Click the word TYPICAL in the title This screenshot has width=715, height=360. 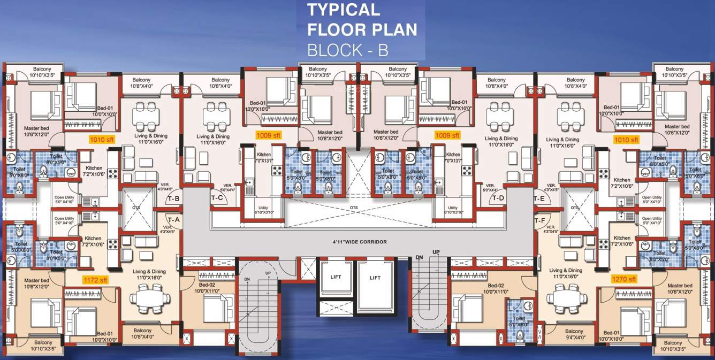pos(343,10)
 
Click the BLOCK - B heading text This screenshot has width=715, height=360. pos(347,50)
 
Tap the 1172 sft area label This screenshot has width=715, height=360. pos(95,279)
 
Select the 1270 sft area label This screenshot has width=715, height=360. pos(624,279)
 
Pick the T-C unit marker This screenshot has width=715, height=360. pos(217,198)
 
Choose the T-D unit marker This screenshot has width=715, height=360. pos(498,198)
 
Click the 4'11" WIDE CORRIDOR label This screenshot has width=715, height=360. pos(359,242)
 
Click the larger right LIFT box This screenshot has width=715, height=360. pos(375,278)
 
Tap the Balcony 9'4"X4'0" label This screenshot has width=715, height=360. pos(574,334)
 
